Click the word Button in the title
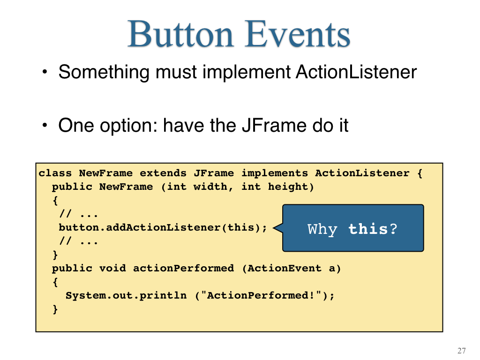pyautogui.click(x=181, y=34)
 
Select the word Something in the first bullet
pyautogui.click(x=104, y=73)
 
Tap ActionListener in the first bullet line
pyautogui.click(x=356, y=72)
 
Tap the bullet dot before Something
pyautogui.click(x=45, y=72)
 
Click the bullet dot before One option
pyautogui.click(x=45, y=125)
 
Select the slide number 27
pyautogui.click(x=462, y=351)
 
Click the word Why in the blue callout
pyautogui.click(x=322, y=229)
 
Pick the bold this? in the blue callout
pyautogui.click(x=373, y=229)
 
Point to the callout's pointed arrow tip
pyautogui.click(x=273, y=228)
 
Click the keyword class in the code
pyautogui.click(x=55, y=173)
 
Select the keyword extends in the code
pyautogui.click(x=163, y=173)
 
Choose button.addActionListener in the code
pyautogui.click(x=139, y=227)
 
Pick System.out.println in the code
pyautogui.click(x=126, y=295)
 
